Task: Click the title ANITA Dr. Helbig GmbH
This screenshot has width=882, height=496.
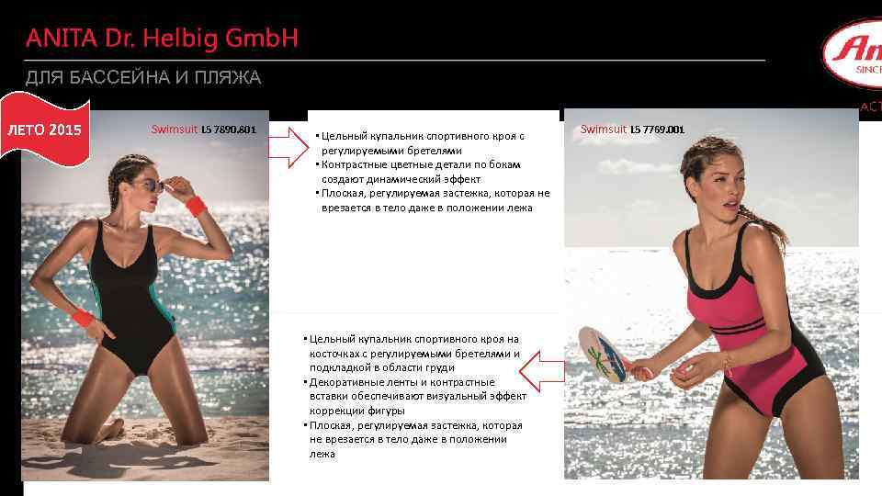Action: (162, 39)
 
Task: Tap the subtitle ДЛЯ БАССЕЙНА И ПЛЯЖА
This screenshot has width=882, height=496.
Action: (143, 78)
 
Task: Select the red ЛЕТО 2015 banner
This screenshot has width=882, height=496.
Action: (44, 130)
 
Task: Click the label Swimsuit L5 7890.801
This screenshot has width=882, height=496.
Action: (203, 130)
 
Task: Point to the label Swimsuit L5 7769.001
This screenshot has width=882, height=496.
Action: (632, 130)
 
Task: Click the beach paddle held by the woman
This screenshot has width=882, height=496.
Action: (602, 354)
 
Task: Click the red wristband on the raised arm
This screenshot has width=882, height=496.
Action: (196, 205)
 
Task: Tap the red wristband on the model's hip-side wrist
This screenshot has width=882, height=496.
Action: (84, 319)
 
